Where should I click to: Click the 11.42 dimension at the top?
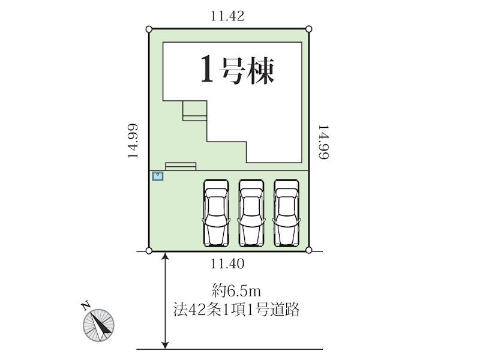tap(227, 16)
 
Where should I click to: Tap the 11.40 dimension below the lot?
tap(227, 263)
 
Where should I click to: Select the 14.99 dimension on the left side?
tap(133, 141)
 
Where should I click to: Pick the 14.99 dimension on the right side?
tap(323, 142)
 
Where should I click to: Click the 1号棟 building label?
tap(237, 70)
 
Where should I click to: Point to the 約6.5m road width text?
tap(236, 291)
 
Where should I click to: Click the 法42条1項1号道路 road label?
tap(236, 310)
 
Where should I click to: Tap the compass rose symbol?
tap(98, 325)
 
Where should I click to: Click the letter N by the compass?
tap(86, 306)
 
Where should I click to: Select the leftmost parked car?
tap(216, 213)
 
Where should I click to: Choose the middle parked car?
tap(251, 213)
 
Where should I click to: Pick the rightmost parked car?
tap(287, 213)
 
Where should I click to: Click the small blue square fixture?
tap(158, 176)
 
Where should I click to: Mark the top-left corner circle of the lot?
tap(149, 29)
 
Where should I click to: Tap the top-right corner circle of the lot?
tap(309, 29)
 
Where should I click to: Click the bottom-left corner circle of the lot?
tap(149, 251)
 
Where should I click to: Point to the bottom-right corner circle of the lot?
tap(309, 250)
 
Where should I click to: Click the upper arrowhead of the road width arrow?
tap(166, 256)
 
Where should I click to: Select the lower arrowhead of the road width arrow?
tap(166, 344)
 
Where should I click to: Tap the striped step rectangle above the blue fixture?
tap(181, 167)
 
